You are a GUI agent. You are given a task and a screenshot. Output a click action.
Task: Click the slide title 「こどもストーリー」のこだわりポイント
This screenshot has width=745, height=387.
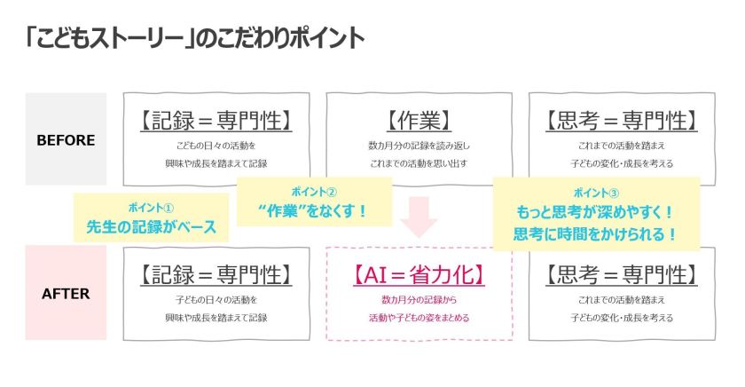tap(194, 40)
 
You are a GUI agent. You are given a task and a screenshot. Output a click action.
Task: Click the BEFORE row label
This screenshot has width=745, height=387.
tap(66, 139)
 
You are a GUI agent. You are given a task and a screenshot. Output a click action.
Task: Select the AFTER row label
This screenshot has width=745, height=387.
tap(66, 294)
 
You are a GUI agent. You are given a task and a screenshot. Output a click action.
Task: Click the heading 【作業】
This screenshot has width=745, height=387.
tap(419, 120)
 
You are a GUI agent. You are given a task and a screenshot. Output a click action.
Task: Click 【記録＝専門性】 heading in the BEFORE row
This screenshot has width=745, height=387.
tap(216, 120)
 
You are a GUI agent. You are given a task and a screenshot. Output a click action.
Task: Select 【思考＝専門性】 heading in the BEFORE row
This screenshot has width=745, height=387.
tap(622, 120)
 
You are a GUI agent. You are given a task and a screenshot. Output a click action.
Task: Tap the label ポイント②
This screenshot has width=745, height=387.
tap(314, 191)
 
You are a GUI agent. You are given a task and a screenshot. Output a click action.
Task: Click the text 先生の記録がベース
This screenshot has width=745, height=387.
tap(152, 225)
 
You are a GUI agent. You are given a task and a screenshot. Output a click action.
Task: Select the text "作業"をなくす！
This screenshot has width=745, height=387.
tap(314, 210)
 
